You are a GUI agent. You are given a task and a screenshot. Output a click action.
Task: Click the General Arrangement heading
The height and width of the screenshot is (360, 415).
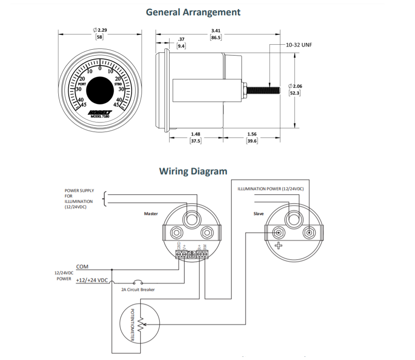point(193,12)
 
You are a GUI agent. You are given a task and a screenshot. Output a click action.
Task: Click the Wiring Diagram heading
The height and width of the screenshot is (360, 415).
point(193,171)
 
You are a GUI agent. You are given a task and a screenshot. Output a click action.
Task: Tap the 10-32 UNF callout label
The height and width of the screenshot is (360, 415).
point(299,45)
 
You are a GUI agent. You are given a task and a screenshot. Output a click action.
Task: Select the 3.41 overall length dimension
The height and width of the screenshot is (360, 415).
point(216,31)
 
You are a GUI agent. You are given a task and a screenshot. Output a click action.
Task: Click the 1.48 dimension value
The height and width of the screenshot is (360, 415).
point(195,134)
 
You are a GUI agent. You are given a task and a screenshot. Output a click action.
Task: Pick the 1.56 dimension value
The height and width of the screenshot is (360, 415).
point(252,134)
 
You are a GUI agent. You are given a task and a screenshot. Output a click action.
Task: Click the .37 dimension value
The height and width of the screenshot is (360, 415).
point(181,39)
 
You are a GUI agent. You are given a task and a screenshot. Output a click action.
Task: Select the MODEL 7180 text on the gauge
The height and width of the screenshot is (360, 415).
point(99,116)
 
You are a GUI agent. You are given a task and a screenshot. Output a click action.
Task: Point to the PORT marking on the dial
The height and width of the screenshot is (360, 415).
point(83,84)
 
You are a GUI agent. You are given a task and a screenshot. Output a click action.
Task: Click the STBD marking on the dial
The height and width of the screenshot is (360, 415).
point(118,84)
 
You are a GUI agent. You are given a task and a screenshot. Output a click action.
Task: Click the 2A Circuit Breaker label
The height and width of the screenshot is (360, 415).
point(138,290)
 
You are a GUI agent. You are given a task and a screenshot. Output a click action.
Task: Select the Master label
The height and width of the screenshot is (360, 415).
point(151,214)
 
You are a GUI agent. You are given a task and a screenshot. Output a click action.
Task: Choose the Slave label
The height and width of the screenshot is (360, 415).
point(259,214)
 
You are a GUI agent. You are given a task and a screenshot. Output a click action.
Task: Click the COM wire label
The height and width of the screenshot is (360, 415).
point(82,267)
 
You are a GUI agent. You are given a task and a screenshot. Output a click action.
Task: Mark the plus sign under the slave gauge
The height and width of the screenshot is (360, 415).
point(278,246)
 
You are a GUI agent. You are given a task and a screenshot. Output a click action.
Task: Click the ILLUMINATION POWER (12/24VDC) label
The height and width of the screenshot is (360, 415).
point(271,189)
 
